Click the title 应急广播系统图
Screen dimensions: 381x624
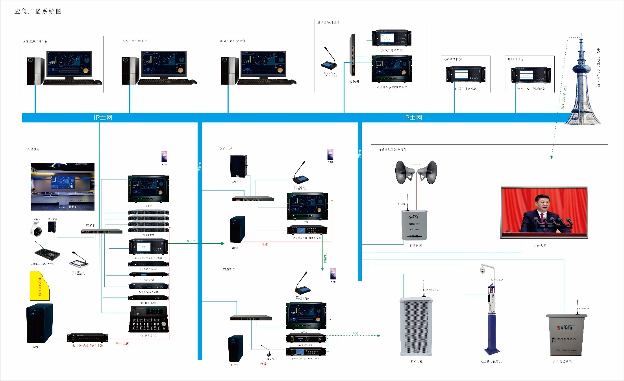pos(38,11)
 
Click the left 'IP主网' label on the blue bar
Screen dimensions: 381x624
pos(103,118)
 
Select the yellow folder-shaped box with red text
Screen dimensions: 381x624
pos(39,285)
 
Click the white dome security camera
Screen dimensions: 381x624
pos(37,229)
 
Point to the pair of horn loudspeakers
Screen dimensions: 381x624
pos(416,172)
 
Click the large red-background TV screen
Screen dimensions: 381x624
pos(544,213)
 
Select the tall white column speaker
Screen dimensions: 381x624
pos(416,327)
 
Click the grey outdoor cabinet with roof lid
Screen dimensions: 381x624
pos(566,335)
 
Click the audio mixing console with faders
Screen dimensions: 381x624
pos(149,320)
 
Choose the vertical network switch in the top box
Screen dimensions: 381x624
pos(352,55)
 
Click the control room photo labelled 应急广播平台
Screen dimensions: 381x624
pos(63,187)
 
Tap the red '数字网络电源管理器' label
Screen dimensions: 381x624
pos(87,346)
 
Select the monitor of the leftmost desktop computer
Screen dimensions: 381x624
pos(69,64)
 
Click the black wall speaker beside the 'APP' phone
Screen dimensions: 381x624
pos(239,166)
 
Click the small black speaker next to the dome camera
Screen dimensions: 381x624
pos(52,227)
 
